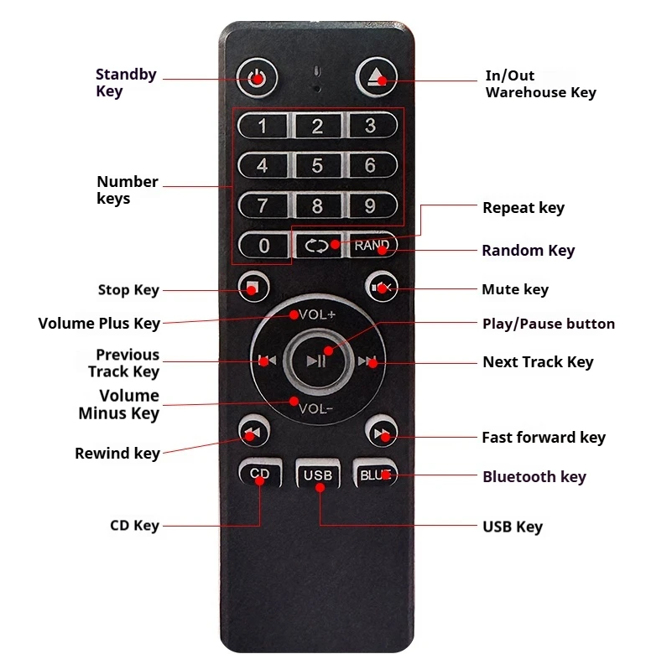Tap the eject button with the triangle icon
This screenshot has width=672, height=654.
tap(377, 77)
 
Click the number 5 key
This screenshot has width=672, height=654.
tap(317, 165)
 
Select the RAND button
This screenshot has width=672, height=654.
tap(372, 245)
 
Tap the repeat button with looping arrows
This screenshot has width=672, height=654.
tap(318, 246)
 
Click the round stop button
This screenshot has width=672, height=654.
tap(253, 287)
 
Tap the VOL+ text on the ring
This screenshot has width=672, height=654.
tap(317, 314)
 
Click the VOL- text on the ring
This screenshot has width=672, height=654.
tap(315, 409)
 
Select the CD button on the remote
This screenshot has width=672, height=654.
tap(260, 473)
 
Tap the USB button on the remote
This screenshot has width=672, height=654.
tap(318, 475)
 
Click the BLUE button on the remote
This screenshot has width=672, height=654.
tap(375, 474)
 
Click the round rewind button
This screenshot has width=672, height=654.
tap(253, 431)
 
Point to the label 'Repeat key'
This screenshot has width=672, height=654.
tap(524, 208)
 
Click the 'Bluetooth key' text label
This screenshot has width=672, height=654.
tap(534, 477)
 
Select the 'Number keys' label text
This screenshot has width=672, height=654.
tap(128, 189)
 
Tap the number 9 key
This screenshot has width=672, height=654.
tap(371, 205)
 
